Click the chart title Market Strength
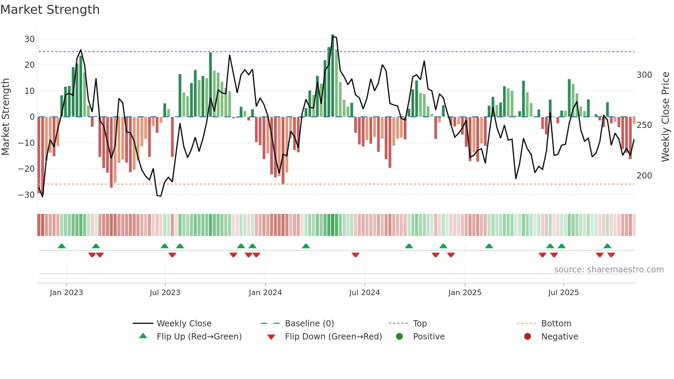[x=50, y=10]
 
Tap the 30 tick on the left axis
[x=30, y=39]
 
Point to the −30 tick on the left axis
[x=26, y=195]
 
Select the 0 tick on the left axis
[x=32, y=117]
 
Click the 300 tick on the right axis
[x=644, y=75]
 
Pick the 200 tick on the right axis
[x=644, y=176]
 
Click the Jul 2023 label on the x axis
[x=165, y=293]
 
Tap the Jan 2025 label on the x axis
[x=465, y=293]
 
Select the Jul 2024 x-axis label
[x=364, y=293]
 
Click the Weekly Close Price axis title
[x=665, y=117]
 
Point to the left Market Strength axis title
[x=6, y=117]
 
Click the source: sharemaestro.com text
[x=609, y=270]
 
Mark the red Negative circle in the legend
[x=527, y=337]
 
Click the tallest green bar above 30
[x=333, y=76]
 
